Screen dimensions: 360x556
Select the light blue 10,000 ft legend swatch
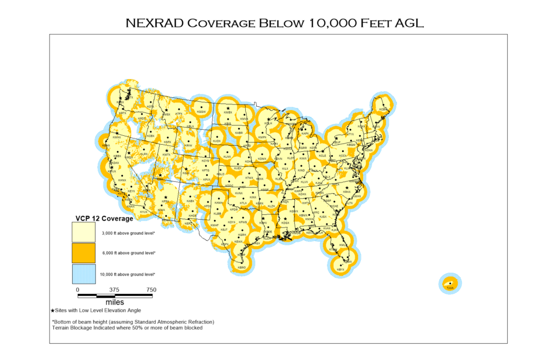tap(83, 274)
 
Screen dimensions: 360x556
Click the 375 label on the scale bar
tap(114, 290)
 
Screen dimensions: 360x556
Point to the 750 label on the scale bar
tap(151, 290)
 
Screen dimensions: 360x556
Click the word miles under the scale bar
tap(115, 302)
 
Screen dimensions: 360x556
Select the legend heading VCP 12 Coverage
tap(104, 219)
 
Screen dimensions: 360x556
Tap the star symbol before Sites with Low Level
tap(53, 310)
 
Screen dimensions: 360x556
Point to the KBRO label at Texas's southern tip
tap(241, 268)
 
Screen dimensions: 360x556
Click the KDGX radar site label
tap(285, 223)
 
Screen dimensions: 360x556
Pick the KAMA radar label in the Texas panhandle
tap(220, 203)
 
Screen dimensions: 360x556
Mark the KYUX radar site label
tap(143, 212)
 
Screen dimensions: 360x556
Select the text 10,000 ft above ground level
tap(127, 274)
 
